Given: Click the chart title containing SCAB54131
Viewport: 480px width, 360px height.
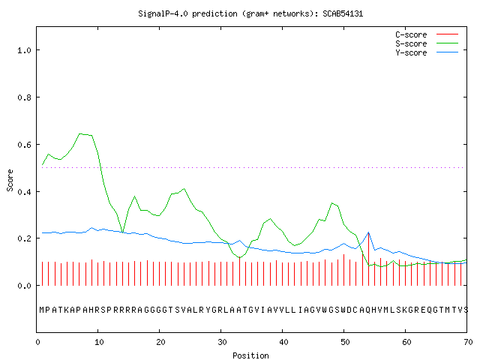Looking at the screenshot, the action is (x=250, y=13).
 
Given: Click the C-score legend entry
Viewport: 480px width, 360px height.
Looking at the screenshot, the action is (x=427, y=34).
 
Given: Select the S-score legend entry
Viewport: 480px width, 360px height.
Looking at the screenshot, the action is (x=427, y=43).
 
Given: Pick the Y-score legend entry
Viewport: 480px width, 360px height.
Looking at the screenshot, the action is (x=427, y=52).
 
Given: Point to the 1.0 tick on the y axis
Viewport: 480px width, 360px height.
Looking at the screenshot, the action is (x=24, y=50).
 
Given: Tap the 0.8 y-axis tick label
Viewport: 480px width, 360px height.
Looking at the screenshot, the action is (x=24, y=97).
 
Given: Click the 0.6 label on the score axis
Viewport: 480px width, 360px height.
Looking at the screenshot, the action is (x=24, y=145).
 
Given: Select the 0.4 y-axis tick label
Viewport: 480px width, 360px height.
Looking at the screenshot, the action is (x=24, y=192).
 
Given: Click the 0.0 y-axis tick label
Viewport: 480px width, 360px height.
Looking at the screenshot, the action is (x=24, y=286).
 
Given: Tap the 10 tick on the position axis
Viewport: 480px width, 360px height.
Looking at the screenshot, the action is (x=98, y=342).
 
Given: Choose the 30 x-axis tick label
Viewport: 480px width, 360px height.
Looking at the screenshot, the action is (x=222, y=342).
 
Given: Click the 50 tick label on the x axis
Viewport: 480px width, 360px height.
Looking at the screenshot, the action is (x=345, y=342).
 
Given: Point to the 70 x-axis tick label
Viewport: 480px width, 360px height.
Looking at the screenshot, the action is (x=468, y=342).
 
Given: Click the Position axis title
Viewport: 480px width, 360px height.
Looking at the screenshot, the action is (x=250, y=355).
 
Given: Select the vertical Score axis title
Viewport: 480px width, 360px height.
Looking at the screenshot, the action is (x=10, y=180).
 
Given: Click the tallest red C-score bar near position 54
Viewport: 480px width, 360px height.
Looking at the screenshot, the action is (x=368, y=259).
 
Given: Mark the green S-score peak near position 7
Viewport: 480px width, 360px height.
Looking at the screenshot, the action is (x=80, y=133).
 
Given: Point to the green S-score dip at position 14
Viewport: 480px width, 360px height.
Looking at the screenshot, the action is (x=122, y=232).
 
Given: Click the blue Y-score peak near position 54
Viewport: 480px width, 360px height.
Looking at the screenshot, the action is (x=368, y=232).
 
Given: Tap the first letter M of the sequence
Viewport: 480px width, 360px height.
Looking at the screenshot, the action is (x=42, y=310).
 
